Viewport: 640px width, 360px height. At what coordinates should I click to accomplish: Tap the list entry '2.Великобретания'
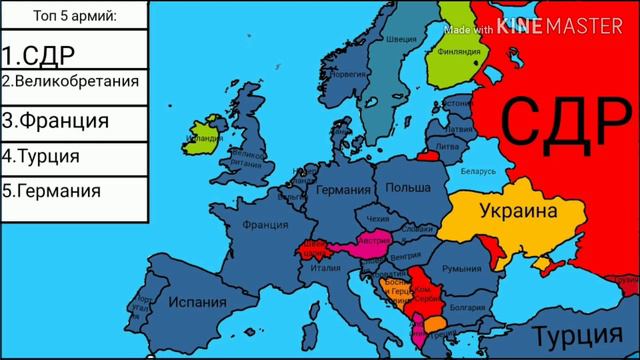(x=69, y=80)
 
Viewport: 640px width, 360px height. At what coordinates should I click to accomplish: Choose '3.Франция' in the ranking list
(x=55, y=121)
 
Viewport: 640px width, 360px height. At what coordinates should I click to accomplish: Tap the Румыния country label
(x=462, y=269)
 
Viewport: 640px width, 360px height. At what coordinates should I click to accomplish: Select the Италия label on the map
(x=326, y=267)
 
